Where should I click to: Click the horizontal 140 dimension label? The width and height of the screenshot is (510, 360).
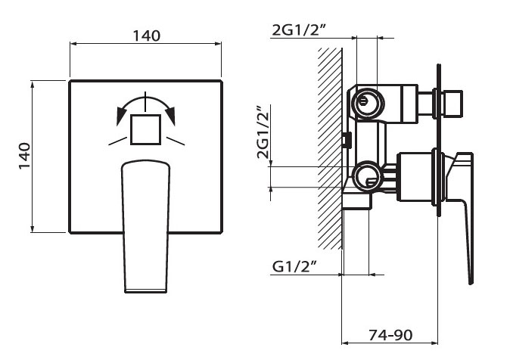(145, 36)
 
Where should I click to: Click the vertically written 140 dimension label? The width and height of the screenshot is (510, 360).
(23, 156)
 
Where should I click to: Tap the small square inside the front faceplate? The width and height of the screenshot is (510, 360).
(145, 129)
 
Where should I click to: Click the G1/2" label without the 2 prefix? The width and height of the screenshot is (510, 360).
(293, 266)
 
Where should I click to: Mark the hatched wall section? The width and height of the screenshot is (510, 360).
(330, 147)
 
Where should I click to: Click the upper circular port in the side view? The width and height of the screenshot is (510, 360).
(366, 102)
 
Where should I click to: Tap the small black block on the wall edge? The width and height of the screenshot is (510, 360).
(347, 140)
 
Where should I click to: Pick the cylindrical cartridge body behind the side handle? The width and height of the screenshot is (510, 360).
(415, 177)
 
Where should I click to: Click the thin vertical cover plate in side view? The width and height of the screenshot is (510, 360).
(437, 140)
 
